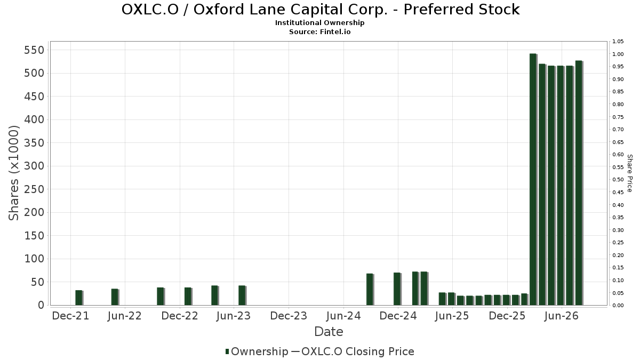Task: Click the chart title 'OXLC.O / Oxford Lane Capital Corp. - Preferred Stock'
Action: (321, 10)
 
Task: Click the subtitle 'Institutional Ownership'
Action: (319, 23)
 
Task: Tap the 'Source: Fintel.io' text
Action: (319, 31)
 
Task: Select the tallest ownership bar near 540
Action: (533, 179)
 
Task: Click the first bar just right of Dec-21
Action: (79, 298)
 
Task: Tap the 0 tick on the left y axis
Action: (42, 305)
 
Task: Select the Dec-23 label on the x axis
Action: (289, 316)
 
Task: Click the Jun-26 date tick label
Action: (562, 316)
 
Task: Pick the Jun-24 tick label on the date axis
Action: (343, 316)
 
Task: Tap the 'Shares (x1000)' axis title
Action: (13, 173)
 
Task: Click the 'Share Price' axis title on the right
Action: (629, 173)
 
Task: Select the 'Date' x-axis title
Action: (329, 332)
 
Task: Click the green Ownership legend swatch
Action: (227, 351)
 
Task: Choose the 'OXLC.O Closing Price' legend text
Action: (358, 351)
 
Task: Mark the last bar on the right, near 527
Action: (579, 183)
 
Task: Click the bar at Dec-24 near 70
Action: (397, 289)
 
